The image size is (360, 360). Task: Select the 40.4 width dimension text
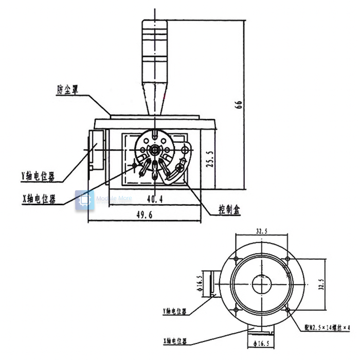coord(154,197)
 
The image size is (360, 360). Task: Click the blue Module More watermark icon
coord(84,200)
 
